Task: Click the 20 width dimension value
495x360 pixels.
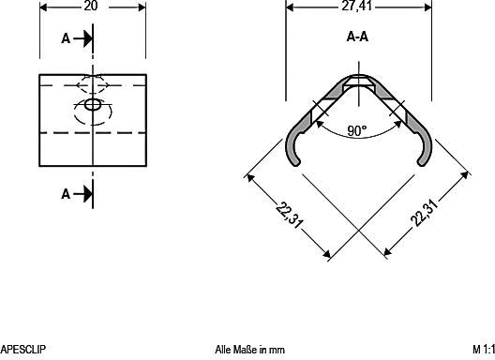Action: [92, 7]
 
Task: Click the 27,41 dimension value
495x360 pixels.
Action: [357, 7]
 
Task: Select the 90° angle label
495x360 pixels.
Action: [356, 131]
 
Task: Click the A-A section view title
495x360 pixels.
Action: [356, 38]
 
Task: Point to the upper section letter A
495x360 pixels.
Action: [65, 38]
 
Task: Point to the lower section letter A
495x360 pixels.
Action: [65, 194]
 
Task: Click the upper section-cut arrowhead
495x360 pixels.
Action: [85, 38]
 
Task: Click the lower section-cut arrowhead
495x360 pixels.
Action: [85, 194]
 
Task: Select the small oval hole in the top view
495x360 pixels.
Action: [92, 105]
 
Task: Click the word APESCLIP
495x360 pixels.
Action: [22, 350]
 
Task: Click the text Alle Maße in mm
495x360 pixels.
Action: [249, 350]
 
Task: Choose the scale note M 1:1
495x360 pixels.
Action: [483, 350]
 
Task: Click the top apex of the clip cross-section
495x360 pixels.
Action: [357, 77]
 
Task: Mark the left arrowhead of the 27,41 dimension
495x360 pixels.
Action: [290, 7]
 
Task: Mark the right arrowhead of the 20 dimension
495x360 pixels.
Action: [142, 7]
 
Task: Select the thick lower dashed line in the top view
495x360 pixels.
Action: [92, 134]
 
